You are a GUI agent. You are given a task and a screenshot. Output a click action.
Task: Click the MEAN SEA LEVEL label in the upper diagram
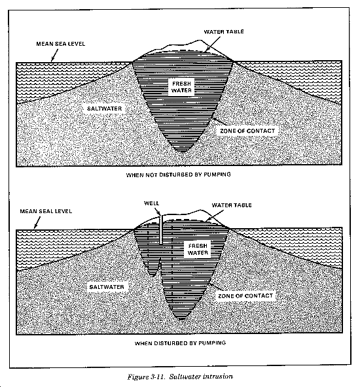tap(60, 44)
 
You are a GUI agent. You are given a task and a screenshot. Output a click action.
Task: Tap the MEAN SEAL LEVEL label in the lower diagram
tap(46, 211)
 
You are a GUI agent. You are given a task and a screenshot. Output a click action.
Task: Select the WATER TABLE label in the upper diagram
tap(224, 31)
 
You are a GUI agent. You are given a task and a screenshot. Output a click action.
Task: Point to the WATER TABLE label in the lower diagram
tap(232, 205)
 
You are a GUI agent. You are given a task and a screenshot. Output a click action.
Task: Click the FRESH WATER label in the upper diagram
tap(181, 87)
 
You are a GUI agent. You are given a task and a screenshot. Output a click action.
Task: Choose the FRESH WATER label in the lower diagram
tap(198, 249)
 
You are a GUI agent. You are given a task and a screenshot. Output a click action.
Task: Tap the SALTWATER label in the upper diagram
tap(105, 109)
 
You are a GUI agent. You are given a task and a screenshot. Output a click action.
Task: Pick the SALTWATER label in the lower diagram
tap(107, 287)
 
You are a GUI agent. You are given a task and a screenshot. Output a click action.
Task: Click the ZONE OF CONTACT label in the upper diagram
tap(247, 131)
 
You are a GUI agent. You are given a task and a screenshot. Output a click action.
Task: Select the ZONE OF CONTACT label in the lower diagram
tap(245, 296)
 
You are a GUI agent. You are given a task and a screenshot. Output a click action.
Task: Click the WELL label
tap(151, 203)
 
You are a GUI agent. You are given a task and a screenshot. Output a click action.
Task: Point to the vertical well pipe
tap(160, 229)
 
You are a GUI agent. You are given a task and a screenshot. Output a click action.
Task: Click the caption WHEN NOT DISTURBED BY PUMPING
tap(179, 175)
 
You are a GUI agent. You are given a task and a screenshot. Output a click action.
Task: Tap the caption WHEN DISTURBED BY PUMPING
tap(180, 343)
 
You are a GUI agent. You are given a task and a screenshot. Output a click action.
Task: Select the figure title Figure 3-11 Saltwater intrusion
tap(180, 377)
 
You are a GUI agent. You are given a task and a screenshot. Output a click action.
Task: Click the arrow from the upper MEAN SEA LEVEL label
tap(54, 55)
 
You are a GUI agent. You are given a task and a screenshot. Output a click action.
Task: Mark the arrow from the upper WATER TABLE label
tap(212, 44)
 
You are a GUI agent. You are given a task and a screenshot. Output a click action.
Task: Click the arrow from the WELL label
tap(157, 212)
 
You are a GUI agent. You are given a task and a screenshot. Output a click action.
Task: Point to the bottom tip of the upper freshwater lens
tap(183, 152)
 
